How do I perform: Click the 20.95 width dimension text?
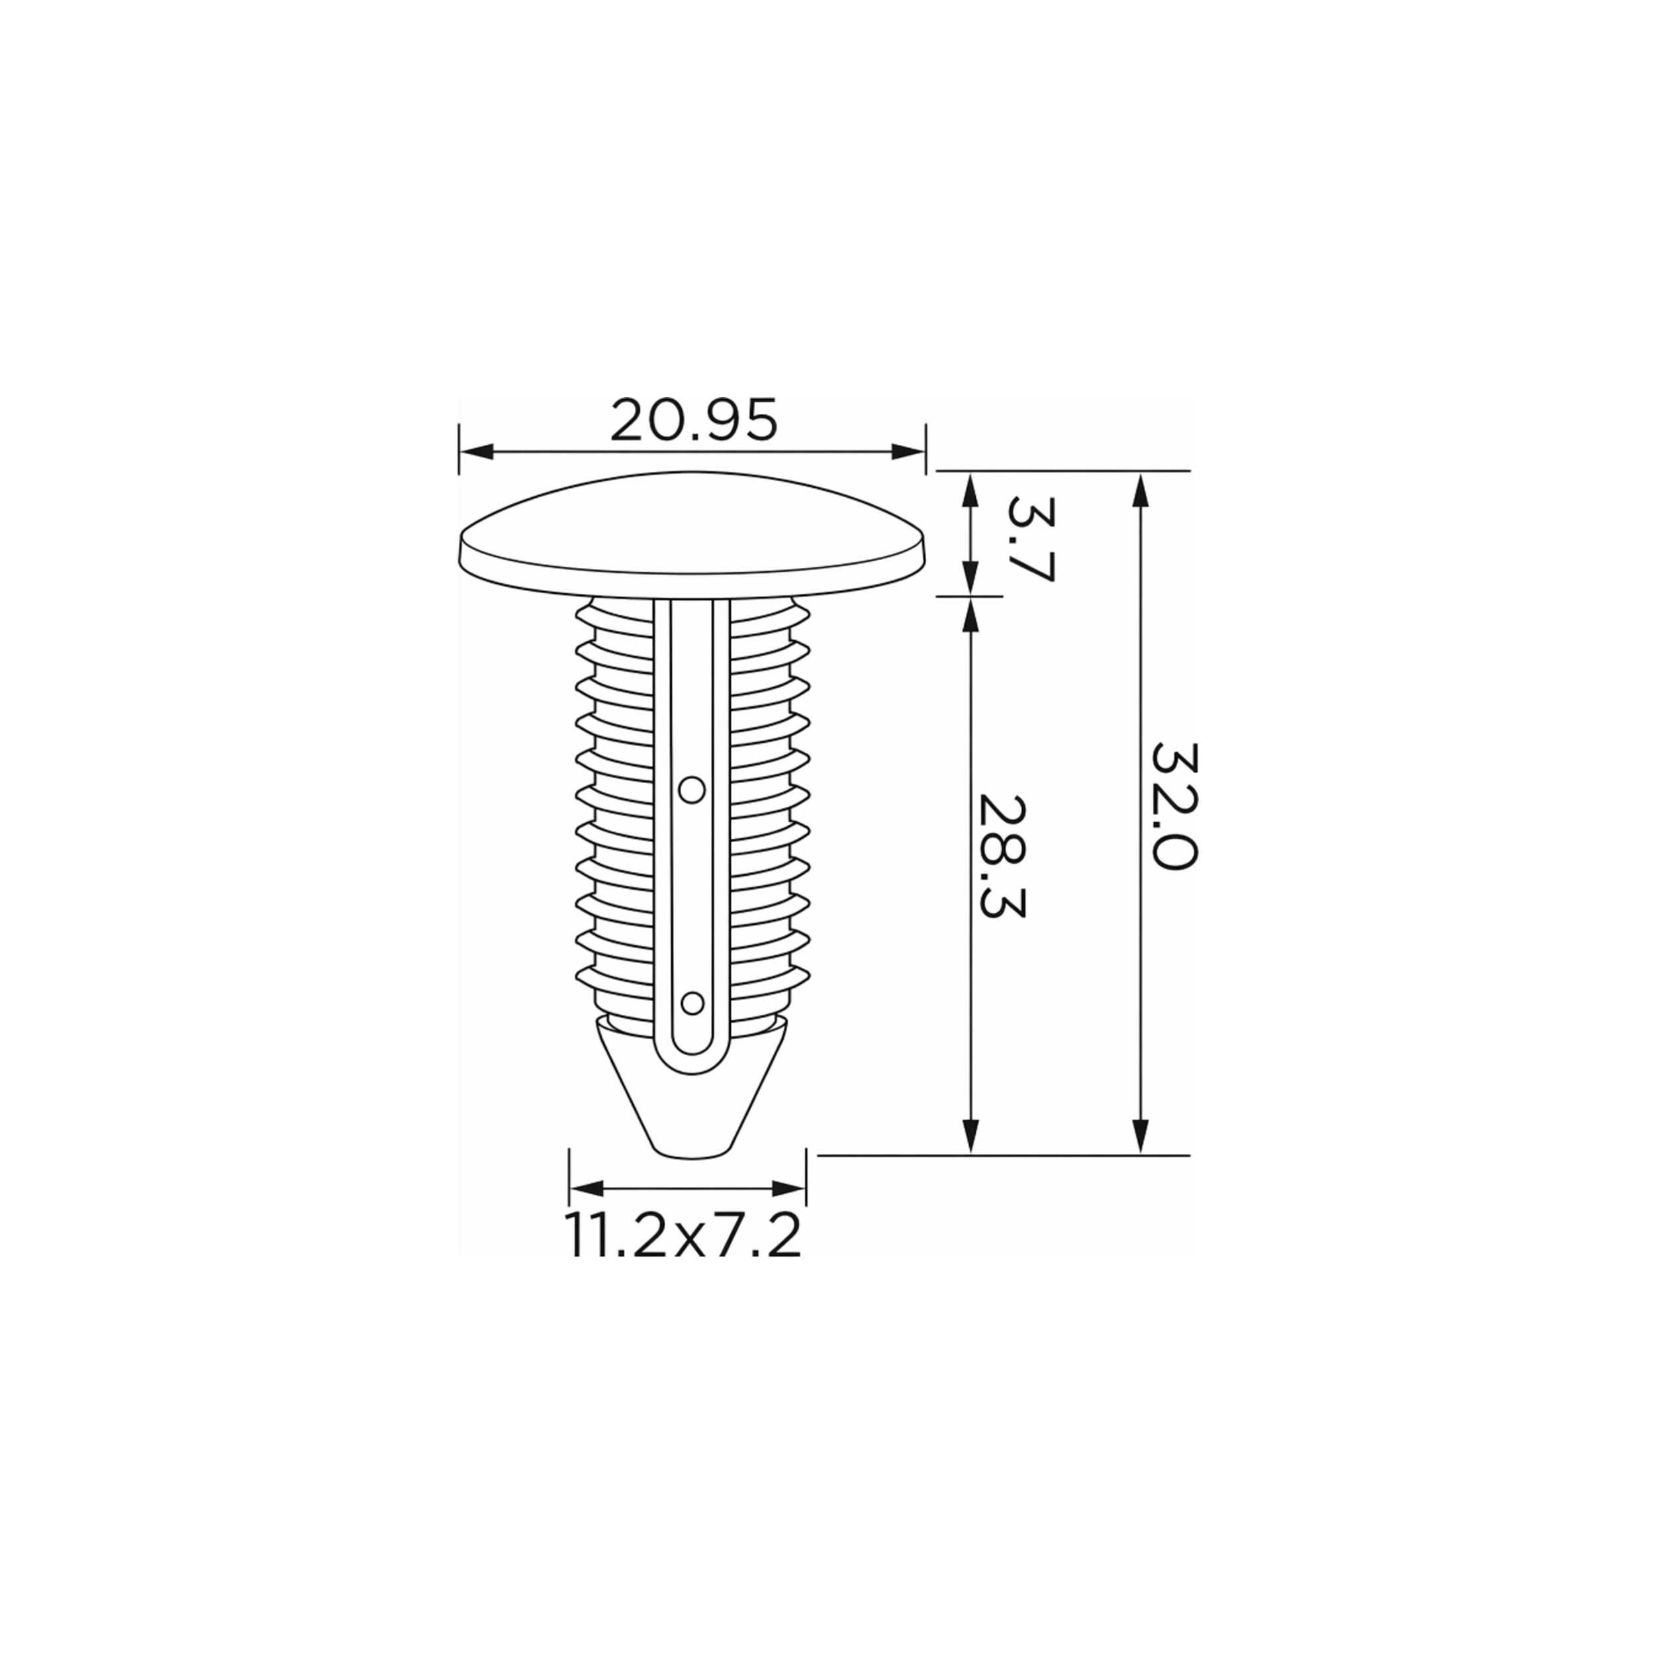[694, 420]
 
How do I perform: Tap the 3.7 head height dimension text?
[1029, 539]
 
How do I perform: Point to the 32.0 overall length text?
[1172, 806]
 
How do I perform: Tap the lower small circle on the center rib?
[691, 1002]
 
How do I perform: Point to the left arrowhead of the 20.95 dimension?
[476, 451]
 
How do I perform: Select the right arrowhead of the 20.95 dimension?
[908, 451]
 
